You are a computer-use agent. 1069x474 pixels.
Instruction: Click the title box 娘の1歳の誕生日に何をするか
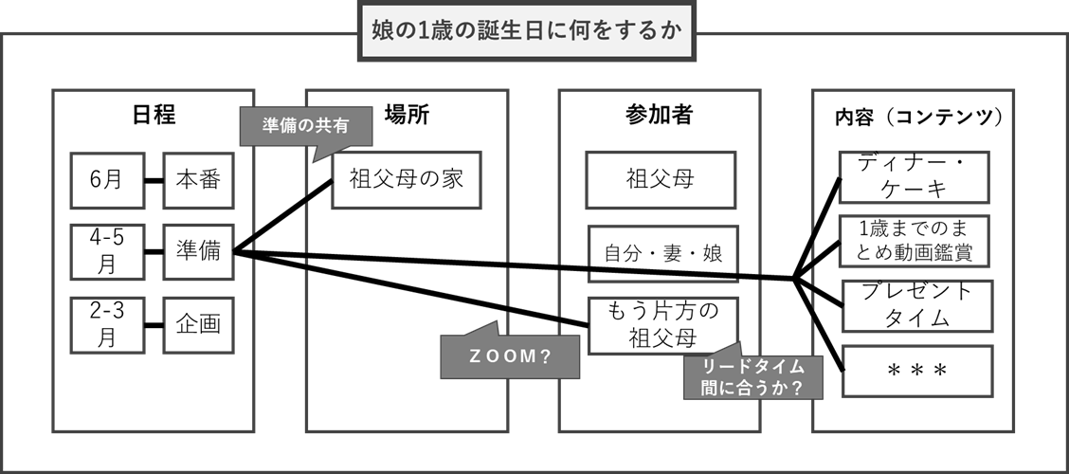point(526,30)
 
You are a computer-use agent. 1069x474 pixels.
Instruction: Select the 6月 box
point(107,180)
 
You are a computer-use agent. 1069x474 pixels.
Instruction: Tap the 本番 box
point(198,180)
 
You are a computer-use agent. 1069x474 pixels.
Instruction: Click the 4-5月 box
point(107,251)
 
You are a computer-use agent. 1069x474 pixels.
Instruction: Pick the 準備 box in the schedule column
point(198,251)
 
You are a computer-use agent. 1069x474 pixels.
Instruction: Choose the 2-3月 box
point(107,324)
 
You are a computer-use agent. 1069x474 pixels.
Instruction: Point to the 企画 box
point(198,324)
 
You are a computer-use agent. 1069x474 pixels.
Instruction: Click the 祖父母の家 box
point(407,180)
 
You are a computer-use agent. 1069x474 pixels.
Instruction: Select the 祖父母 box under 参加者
point(660,180)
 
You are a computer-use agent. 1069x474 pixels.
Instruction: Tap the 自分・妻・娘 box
point(663,254)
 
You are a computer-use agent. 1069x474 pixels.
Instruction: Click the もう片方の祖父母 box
point(663,325)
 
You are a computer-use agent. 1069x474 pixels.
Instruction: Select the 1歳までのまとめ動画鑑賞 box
point(914,242)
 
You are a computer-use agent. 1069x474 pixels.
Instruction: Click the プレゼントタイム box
point(917,305)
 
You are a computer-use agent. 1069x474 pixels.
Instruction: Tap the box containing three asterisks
point(917,371)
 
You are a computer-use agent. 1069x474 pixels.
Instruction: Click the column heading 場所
point(407,116)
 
